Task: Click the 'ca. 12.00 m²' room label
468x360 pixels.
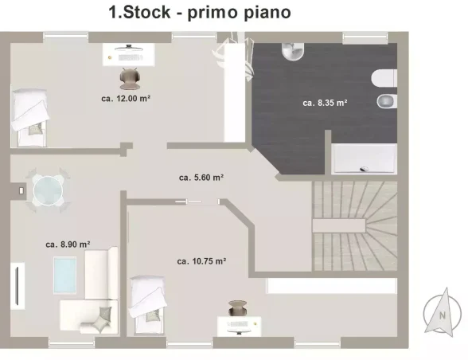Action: pyautogui.click(x=126, y=98)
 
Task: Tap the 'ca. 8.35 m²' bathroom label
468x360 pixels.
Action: pyautogui.click(x=325, y=103)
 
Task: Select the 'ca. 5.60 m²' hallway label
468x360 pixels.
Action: pyautogui.click(x=201, y=178)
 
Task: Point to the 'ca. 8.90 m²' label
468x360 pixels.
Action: pyautogui.click(x=68, y=245)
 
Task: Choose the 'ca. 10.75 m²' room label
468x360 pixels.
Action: pyautogui.click(x=201, y=261)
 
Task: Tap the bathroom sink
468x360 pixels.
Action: pyautogui.click(x=293, y=52)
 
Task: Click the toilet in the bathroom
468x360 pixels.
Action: pyautogui.click(x=384, y=78)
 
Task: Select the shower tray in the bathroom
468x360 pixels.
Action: pyautogui.click(x=365, y=158)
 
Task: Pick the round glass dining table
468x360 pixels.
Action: pyautogui.click(x=48, y=190)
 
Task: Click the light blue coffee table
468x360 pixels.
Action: pyautogui.click(x=65, y=275)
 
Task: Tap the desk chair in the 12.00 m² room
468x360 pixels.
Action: pyautogui.click(x=129, y=78)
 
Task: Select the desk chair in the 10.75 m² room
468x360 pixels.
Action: pyautogui.click(x=237, y=308)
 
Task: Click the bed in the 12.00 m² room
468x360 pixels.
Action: pyautogui.click(x=29, y=117)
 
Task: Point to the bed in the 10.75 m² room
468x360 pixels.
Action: pyautogui.click(x=148, y=305)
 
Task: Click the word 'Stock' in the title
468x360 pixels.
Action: pyautogui.click(x=146, y=13)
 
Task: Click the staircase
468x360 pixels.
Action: pyautogui.click(x=355, y=226)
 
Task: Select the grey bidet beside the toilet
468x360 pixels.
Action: pyautogui.click(x=387, y=101)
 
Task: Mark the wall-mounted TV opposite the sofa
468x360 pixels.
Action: pyautogui.click(x=18, y=286)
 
